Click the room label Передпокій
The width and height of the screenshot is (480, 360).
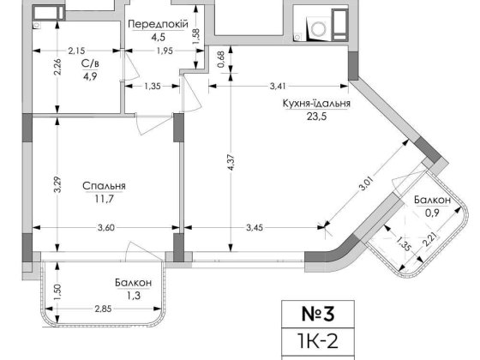tap(158, 24)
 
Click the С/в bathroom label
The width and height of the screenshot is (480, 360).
tap(87, 63)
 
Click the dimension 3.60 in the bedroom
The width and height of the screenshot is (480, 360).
tap(105, 227)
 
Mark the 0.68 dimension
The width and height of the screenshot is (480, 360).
tap(220, 59)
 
